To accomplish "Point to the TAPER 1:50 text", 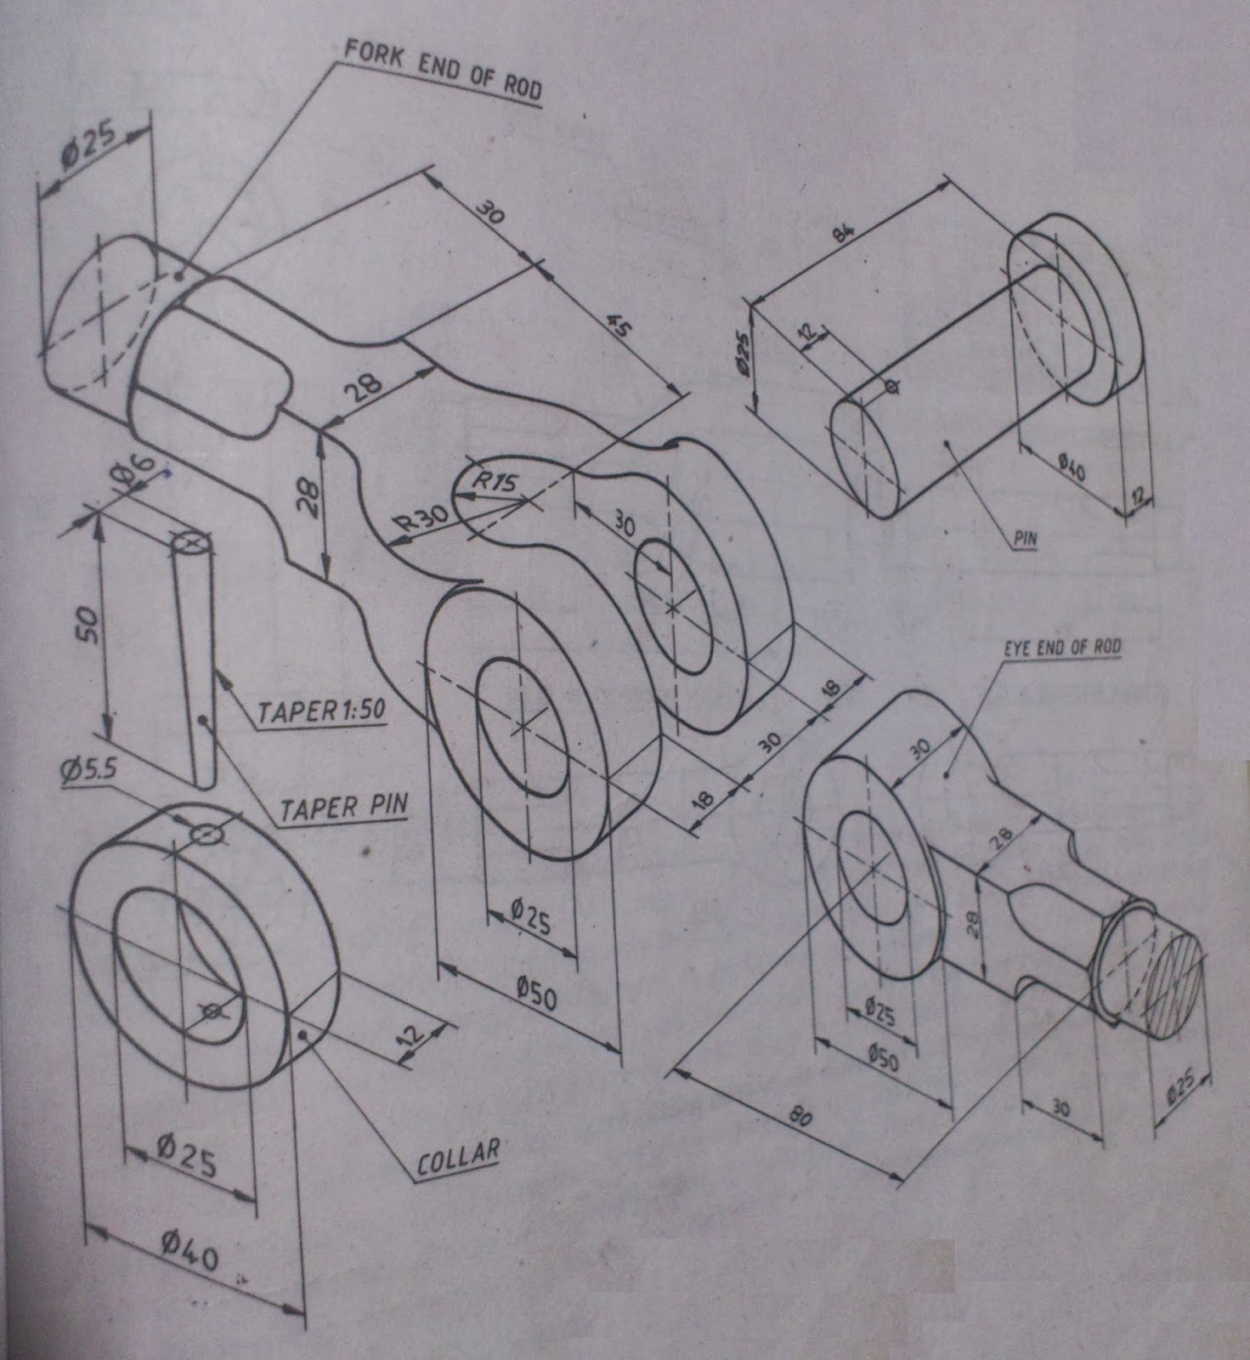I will (x=321, y=712).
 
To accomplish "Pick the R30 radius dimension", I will (x=422, y=518).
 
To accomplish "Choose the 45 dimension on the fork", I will (x=619, y=326).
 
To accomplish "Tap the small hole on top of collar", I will (x=205, y=834).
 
